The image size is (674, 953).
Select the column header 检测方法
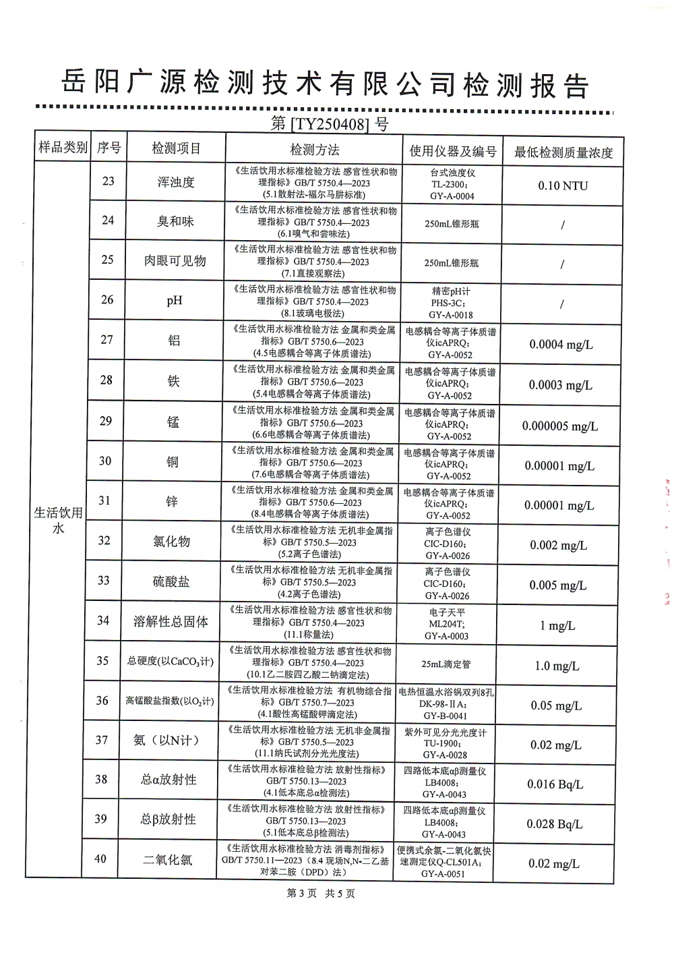(x=315, y=150)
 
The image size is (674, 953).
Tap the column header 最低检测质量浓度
(x=563, y=152)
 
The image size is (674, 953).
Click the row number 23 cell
(x=108, y=181)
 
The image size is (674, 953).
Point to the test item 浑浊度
(x=176, y=182)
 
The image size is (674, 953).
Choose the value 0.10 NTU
(x=563, y=185)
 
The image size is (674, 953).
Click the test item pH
(x=175, y=301)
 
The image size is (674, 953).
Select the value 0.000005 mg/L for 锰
(x=559, y=426)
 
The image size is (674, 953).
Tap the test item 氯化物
(x=172, y=542)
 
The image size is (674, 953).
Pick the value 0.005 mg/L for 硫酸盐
(x=557, y=585)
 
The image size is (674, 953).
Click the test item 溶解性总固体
(x=171, y=622)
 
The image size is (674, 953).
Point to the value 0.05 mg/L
(x=555, y=705)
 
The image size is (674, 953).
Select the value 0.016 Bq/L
(x=555, y=784)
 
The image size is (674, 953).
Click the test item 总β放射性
(x=168, y=819)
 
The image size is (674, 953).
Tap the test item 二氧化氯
(x=168, y=860)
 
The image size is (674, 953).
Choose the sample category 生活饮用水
(x=59, y=520)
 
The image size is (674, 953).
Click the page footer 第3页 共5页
(x=321, y=893)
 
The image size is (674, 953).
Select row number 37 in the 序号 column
(x=102, y=740)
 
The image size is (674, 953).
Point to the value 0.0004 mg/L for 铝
(x=561, y=345)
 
